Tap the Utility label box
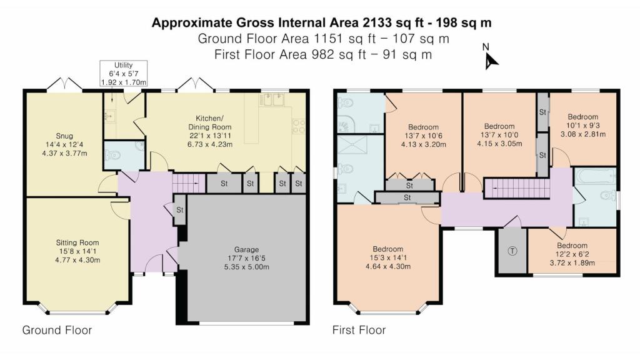(123, 74)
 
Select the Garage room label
(246, 258)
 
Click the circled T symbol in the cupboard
(512, 251)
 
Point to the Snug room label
(64, 144)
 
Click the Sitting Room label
(77, 251)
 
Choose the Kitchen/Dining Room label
(210, 131)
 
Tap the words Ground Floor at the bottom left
(57, 330)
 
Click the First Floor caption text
(359, 330)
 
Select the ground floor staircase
(189, 183)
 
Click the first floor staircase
(517, 188)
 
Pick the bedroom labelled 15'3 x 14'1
(387, 257)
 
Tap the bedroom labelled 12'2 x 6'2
(572, 254)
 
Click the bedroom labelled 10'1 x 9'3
(583, 125)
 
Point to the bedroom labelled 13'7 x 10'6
(423, 136)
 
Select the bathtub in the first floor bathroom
(595, 176)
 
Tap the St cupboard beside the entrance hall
(180, 210)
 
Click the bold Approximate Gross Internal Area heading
(321, 22)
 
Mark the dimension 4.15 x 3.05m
(499, 144)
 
